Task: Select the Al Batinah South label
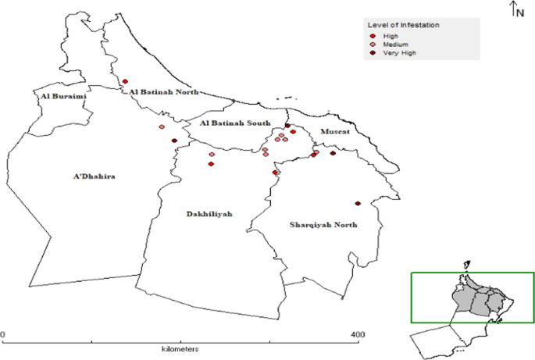pos(235,123)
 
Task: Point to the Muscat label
pos(332,133)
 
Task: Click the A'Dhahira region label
pos(94,177)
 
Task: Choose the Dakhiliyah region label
pos(209,214)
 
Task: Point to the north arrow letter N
pos(520,12)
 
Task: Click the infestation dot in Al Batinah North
pos(125,80)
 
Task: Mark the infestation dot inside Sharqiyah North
pos(357,204)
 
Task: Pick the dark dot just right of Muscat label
pos(333,153)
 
